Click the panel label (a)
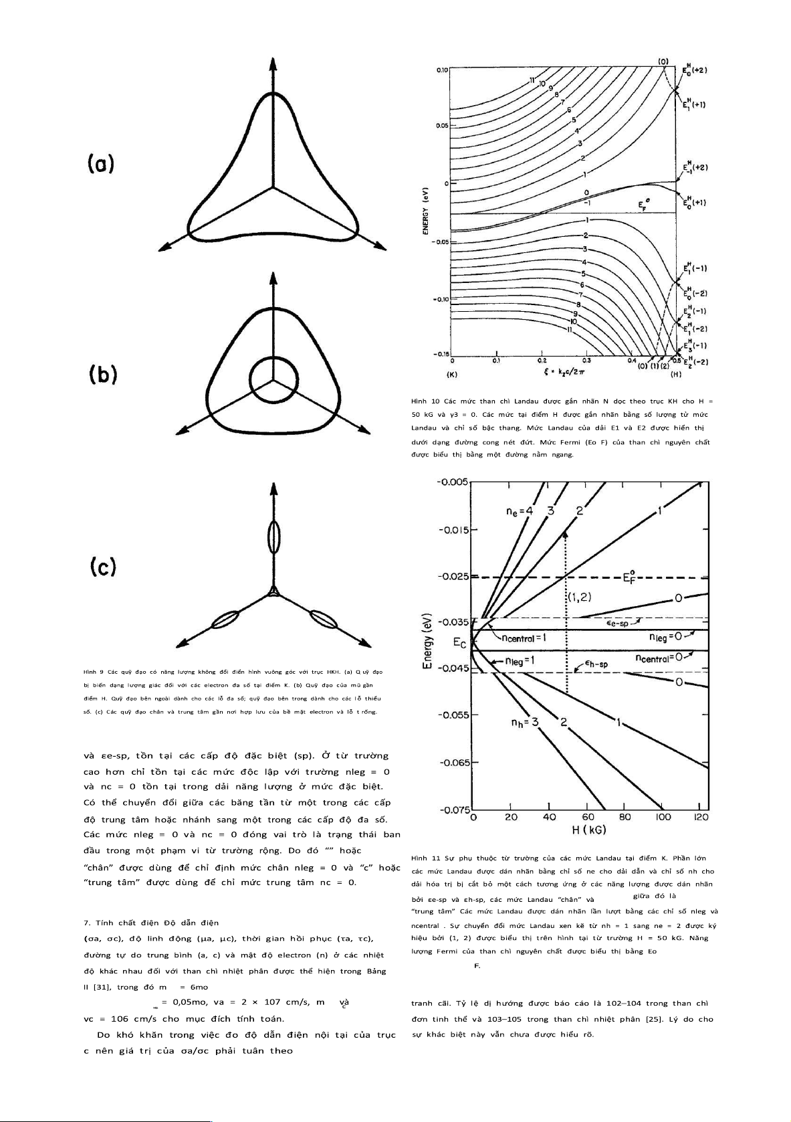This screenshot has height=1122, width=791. coord(101,164)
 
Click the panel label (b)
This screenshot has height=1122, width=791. coord(104,375)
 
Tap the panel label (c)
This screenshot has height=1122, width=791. coord(104,567)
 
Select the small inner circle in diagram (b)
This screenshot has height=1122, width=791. coord(272,379)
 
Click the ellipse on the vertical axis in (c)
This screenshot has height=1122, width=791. coord(273,537)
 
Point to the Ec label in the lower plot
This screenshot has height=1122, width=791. coord(459,643)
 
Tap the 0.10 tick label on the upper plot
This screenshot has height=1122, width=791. coord(442,70)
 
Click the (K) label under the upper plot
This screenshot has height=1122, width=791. coord(453,375)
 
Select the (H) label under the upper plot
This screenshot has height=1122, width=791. coord(675,375)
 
